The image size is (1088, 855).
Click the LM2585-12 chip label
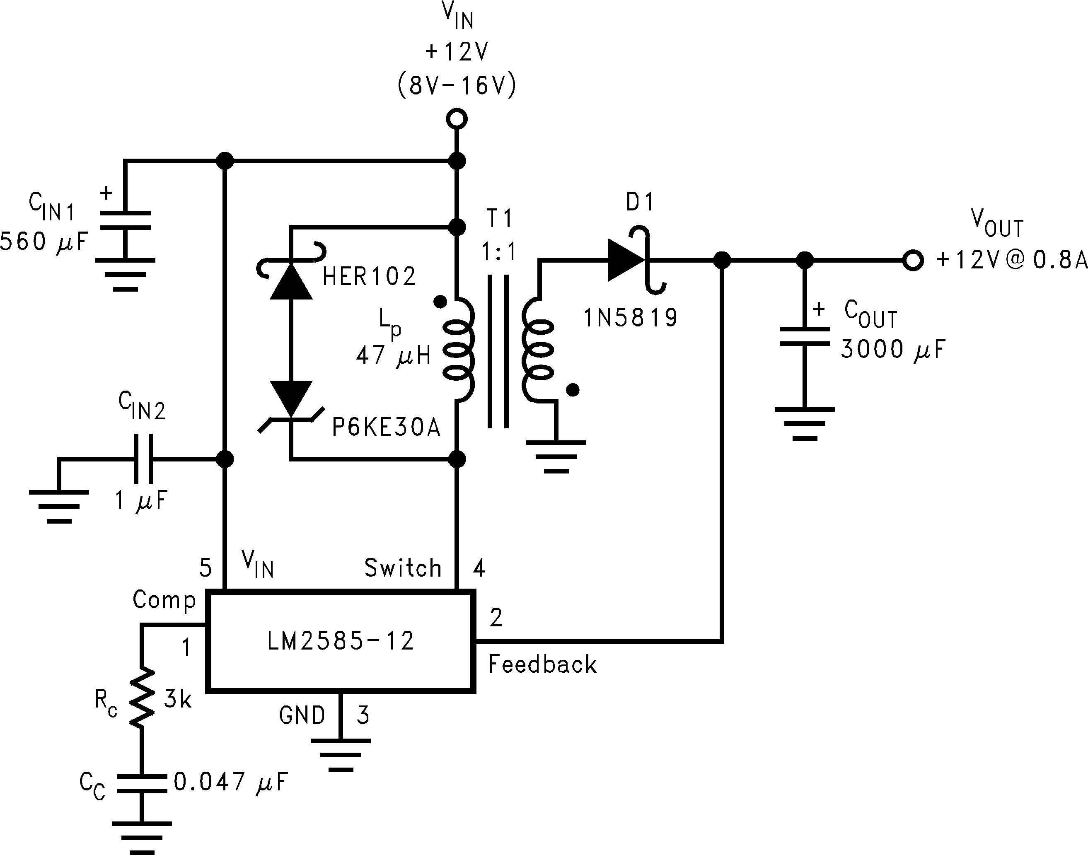(341, 641)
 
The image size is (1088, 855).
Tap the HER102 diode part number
(369, 276)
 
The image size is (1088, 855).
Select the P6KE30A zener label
(386, 427)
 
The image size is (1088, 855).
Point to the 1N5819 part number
(630, 317)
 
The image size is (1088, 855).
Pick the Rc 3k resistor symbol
(142, 697)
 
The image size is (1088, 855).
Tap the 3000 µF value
(892, 349)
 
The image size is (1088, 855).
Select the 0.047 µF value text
(231, 782)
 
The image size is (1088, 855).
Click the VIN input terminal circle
(457, 120)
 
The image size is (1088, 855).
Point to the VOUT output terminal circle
(913, 260)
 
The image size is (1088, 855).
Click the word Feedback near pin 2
(542, 665)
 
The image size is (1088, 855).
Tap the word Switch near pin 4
(403, 568)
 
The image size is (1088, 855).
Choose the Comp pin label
(164, 600)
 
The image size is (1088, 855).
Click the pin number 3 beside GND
(363, 715)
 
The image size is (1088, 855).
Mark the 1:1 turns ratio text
(499, 252)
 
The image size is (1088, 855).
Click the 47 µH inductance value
(393, 355)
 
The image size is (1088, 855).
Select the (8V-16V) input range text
(457, 86)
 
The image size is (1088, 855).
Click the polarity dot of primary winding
(440, 301)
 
